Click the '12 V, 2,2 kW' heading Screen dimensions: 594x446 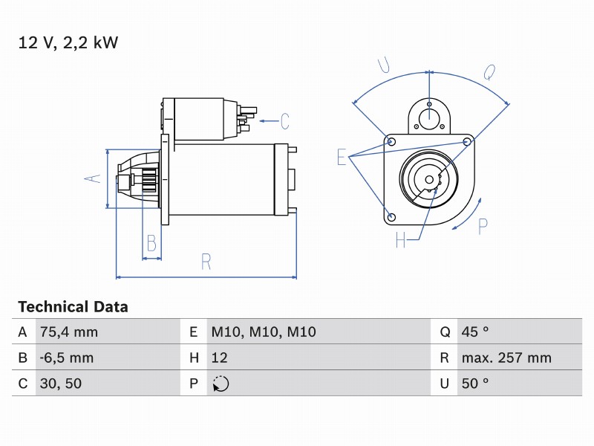coord(68,42)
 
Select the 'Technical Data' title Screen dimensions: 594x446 coord(73,306)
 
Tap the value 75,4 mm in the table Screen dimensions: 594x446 coord(69,332)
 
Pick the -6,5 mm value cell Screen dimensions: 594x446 coord(67,358)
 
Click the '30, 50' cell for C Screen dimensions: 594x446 coord(61,384)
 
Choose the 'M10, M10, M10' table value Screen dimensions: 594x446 coord(264,332)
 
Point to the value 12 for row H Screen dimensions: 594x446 coord(219,358)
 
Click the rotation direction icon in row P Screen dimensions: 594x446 coord(221,384)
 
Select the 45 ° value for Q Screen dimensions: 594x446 coord(475,332)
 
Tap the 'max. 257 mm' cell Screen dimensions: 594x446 coord(506,358)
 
